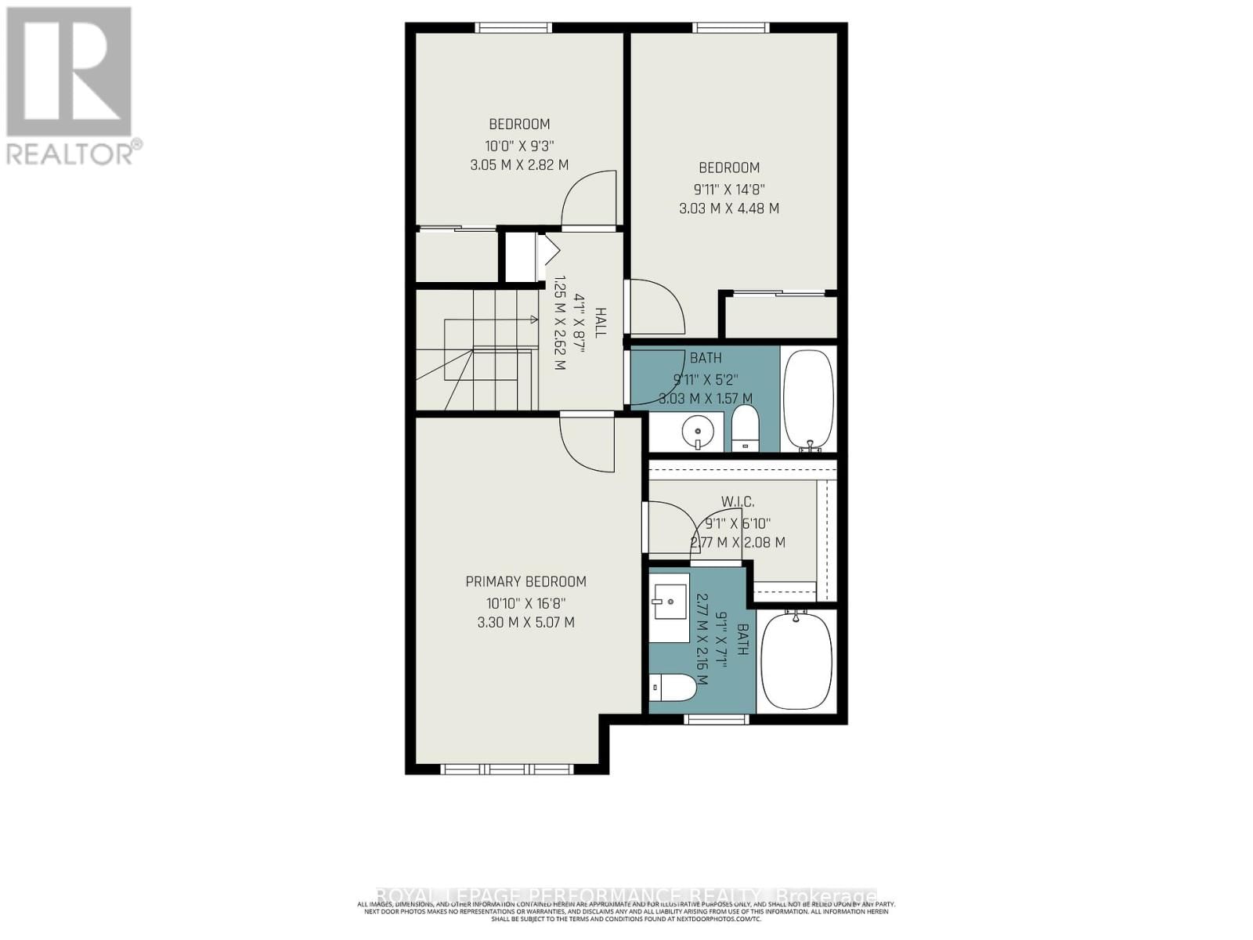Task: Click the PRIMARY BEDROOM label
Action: pyautogui.click(x=525, y=581)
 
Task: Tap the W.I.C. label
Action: pyautogui.click(x=738, y=501)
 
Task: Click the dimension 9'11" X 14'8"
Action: pyautogui.click(x=729, y=189)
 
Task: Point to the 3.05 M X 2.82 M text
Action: pyautogui.click(x=519, y=165)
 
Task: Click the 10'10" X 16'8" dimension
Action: pyautogui.click(x=525, y=603)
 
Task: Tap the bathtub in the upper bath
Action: pyautogui.click(x=808, y=399)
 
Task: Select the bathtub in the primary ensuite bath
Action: pyautogui.click(x=796, y=660)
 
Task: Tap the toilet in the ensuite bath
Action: pyautogui.click(x=673, y=688)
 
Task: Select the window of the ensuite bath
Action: pyautogui.click(x=715, y=719)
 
